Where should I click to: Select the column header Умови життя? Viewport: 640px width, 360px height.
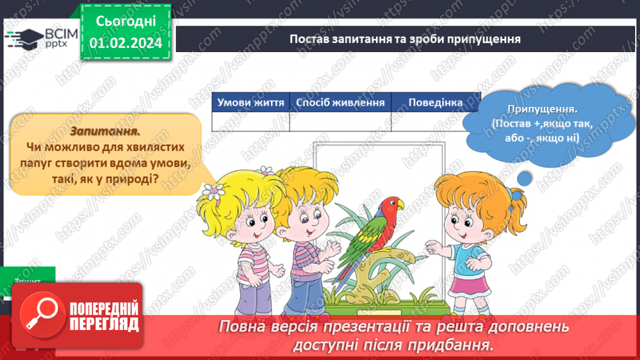(250, 103)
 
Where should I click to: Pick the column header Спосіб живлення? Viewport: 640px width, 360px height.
(340, 103)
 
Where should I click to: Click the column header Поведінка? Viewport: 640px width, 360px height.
(435, 103)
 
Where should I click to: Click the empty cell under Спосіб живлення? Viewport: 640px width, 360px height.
(340, 122)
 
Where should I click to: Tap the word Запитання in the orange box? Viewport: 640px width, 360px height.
(105, 131)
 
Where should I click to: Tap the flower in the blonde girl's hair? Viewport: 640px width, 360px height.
(213, 191)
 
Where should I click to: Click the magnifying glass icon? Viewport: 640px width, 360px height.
(40, 312)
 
